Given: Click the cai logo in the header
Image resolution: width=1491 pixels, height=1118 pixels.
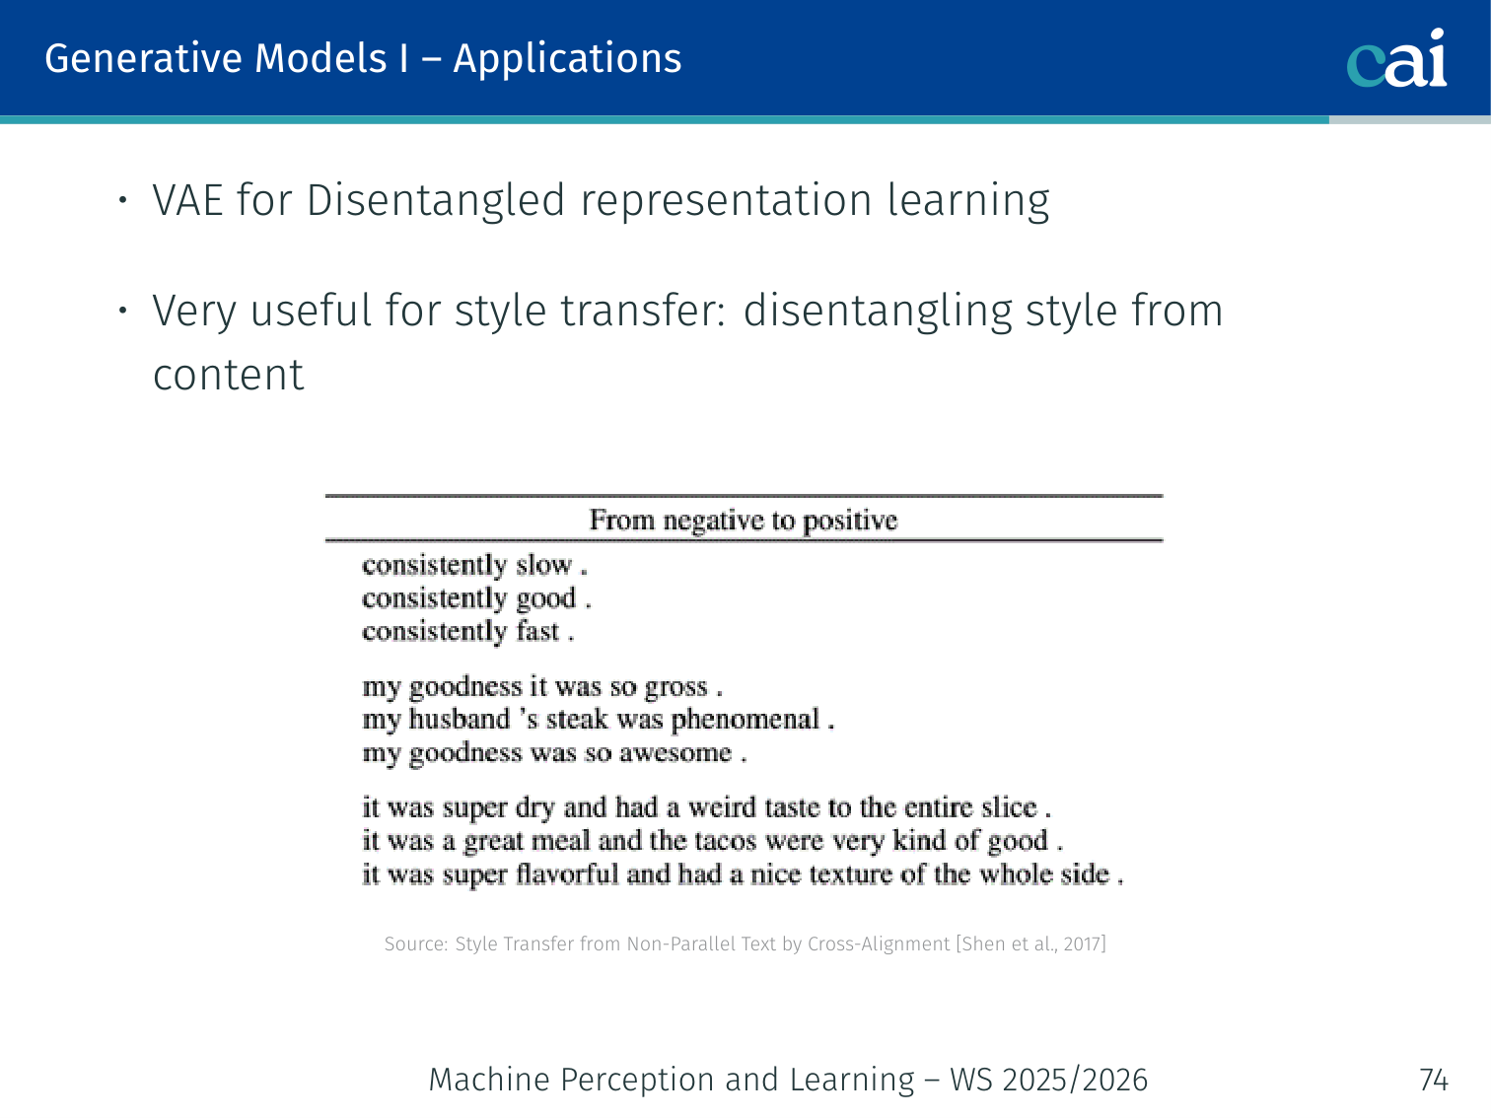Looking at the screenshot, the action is click(1396, 58).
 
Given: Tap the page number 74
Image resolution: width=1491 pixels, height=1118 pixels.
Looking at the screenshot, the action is click(1433, 1080).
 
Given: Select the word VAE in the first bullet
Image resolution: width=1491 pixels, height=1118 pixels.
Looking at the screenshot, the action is click(187, 200).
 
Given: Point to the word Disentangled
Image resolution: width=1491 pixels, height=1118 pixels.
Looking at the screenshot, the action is click(436, 202).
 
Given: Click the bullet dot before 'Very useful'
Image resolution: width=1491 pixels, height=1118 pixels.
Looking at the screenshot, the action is click(122, 311).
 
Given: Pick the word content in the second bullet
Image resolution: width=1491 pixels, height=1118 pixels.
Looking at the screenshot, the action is click(228, 376).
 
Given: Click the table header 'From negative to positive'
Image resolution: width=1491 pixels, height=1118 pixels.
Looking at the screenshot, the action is click(744, 521).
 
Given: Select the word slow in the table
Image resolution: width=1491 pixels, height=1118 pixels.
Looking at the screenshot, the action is click(543, 565).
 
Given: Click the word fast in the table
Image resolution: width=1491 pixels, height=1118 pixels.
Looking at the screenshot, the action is click(537, 631).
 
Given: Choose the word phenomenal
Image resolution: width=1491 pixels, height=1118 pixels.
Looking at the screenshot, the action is click(745, 720).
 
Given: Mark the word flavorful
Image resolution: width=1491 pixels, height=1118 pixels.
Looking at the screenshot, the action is click(567, 874).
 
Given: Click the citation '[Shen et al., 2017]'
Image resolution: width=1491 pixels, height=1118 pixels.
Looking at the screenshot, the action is click(1031, 944).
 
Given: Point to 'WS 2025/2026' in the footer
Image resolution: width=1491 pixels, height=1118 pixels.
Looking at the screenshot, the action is click(1049, 1080).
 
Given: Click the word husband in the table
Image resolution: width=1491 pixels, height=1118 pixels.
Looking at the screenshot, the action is click(460, 720).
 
